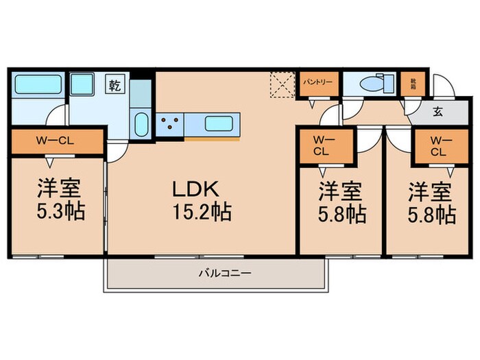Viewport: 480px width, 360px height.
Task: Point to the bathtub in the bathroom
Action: [38, 85]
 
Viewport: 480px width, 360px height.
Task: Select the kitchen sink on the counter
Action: [219, 124]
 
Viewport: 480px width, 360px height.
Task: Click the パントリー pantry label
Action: [317, 82]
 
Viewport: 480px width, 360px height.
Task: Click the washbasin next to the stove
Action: [141, 125]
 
